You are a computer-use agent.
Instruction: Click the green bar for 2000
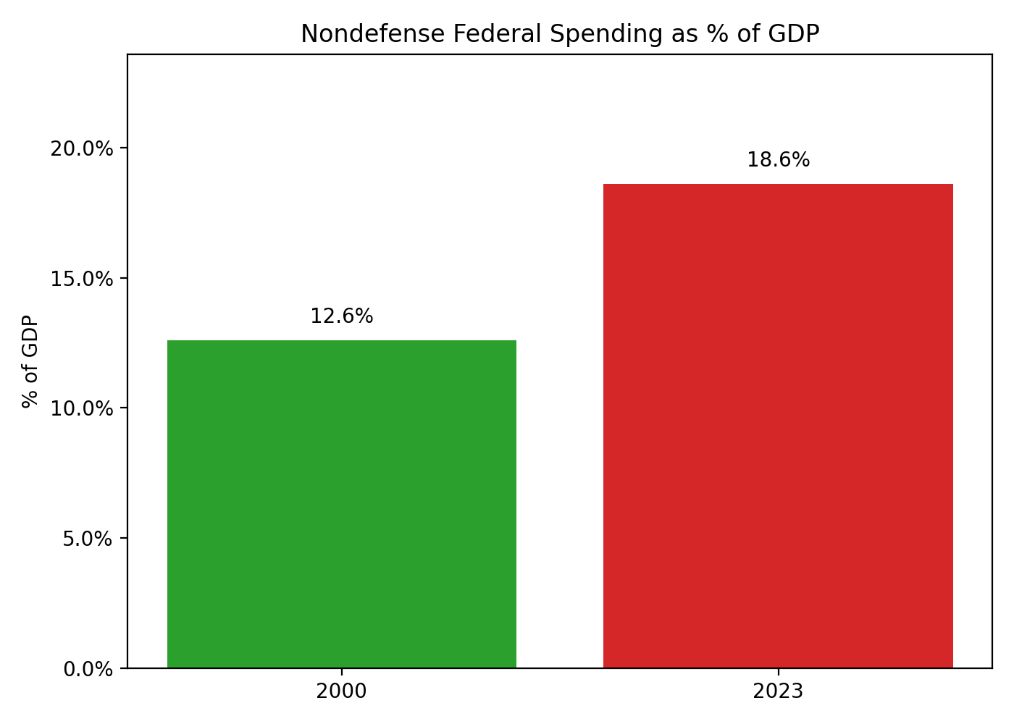coord(342,504)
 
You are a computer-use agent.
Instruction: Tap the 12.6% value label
coord(342,316)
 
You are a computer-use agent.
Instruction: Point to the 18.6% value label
coord(778,160)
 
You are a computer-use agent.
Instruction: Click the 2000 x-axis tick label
coord(342,691)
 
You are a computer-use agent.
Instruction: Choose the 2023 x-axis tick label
coord(778,691)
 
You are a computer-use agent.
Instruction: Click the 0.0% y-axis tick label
coord(88,669)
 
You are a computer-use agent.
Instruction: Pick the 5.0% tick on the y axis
coord(88,539)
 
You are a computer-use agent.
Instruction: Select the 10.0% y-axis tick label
coord(83,409)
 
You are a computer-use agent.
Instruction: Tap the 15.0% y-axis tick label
coord(83,279)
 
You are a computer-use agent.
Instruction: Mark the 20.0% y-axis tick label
coord(83,149)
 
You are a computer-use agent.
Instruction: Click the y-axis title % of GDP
coord(30,361)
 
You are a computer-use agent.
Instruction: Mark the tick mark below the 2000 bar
coord(342,671)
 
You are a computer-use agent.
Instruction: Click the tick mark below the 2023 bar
coord(778,671)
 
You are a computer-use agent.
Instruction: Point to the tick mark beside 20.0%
coord(124,148)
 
